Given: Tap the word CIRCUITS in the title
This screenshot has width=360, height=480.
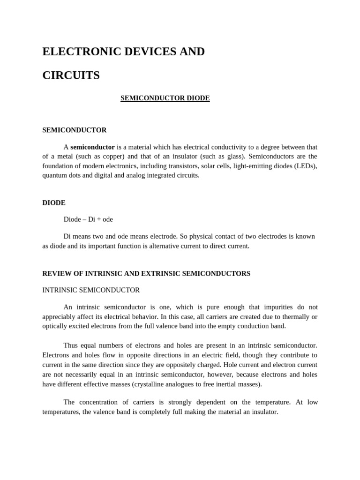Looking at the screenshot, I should click(x=71, y=75).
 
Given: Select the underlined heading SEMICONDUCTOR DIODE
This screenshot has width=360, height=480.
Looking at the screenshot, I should click(x=165, y=98).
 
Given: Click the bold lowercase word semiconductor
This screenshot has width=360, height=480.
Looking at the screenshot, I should click(x=92, y=147).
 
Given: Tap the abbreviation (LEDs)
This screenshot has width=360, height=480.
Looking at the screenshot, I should click(x=306, y=166).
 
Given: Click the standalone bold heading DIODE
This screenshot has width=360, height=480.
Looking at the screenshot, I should click(x=54, y=203).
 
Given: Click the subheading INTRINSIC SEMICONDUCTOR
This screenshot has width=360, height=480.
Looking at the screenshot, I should click(x=91, y=290).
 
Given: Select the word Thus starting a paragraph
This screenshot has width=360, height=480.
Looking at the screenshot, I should click(x=72, y=346).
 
